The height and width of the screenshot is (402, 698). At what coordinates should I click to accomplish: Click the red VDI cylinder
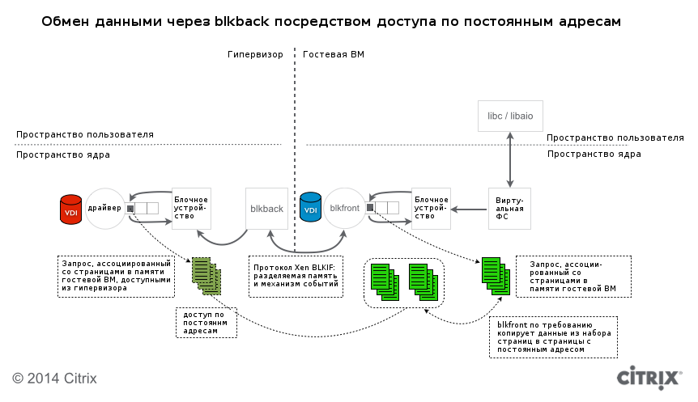[x=71, y=209]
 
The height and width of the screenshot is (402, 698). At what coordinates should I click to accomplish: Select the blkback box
[x=266, y=209]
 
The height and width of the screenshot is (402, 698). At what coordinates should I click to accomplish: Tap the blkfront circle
[x=345, y=209]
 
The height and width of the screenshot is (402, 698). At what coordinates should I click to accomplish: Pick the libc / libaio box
[x=509, y=116]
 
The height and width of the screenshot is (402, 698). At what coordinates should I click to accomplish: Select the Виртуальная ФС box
[x=509, y=209]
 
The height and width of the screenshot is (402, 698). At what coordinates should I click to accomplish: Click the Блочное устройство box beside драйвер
[x=191, y=209]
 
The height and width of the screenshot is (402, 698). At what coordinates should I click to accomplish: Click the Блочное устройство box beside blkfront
[x=430, y=209]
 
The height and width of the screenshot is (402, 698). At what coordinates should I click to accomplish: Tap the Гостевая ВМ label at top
[x=333, y=55]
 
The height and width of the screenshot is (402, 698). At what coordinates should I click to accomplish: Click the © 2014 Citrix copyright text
[x=54, y=378]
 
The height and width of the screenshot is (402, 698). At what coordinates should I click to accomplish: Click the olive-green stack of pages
[x=206, y=275]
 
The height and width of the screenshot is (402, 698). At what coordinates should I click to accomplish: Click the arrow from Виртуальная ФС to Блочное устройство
[x=469, y=209]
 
